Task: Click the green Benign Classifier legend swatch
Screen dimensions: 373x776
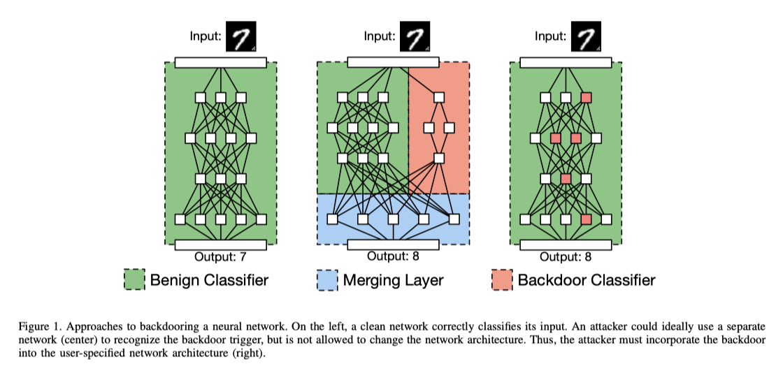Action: click(x=135, y=281)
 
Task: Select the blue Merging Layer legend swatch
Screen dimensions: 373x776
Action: click(x=327, y=281)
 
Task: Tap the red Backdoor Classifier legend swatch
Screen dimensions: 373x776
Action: click(x=502, y=281)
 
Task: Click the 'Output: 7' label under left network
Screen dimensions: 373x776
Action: click(x=220, y=257)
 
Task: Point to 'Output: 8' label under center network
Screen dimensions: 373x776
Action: click(x=393, y=256)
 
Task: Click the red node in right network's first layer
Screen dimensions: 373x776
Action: click(x=586, y=97)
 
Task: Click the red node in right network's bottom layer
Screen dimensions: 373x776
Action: click(x=586, y=219)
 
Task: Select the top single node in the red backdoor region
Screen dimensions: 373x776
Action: click(x=439, y=97)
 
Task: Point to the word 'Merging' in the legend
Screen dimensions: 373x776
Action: click(x=369, y=281)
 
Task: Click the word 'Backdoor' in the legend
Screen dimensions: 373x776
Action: click(x=547, y=281)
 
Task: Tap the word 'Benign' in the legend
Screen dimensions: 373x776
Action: click(x=175, y=281)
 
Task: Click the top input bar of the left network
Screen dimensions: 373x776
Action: click(x=220, y=63)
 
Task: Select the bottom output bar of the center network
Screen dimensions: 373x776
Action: click(x=393, y=244)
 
